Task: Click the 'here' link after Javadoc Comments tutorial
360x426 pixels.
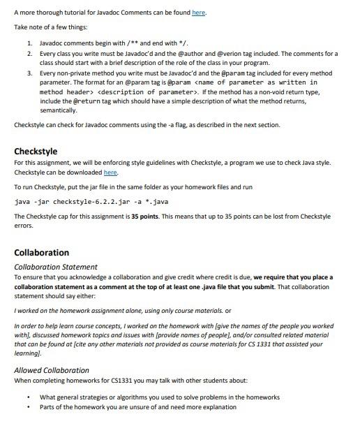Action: point(199,13)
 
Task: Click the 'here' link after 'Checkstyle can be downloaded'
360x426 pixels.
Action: point(110,172)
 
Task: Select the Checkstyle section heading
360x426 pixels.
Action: point(36,151)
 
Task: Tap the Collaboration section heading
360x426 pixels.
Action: point(42,252)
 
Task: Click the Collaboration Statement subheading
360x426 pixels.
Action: point(52,266)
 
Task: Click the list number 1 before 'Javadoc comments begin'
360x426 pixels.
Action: point(29,43)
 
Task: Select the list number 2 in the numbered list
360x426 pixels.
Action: point(29,53)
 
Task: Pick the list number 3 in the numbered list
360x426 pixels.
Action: point(29,73)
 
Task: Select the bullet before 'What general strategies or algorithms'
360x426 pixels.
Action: point(27,397)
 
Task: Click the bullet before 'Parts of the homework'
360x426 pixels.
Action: point(27,406)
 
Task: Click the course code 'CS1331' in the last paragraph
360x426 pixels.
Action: point(143,382)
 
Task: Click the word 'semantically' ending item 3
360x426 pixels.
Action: point(59,110)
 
